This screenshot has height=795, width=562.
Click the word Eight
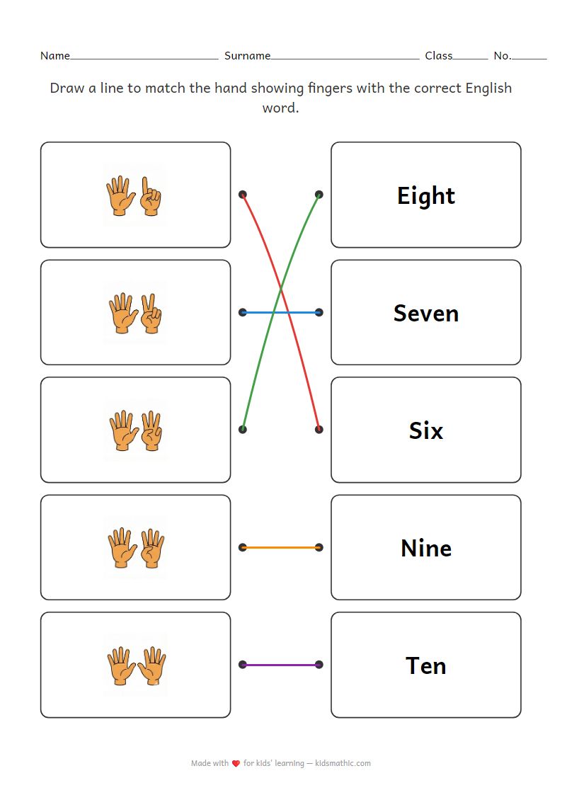(425, 195)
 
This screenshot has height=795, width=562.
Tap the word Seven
(425, 313)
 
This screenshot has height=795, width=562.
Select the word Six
(425, 430)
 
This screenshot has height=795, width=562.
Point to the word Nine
(425, 548)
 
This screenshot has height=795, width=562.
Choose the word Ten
(425, 665)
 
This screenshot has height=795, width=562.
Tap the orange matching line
(281, 547)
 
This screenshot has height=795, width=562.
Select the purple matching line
(281, 665)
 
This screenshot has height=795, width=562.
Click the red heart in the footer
(236, 764)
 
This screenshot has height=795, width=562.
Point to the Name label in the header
(55, 55)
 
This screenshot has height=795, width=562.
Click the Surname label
(247, 55)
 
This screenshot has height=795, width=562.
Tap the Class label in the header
(438, 55)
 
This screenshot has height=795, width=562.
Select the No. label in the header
(502, 55)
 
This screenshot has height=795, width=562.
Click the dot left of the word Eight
(319, 194)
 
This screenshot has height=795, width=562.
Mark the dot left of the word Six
(319, 429)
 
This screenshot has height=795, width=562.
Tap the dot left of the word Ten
(319, 665)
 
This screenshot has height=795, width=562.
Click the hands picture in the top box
(134, 195)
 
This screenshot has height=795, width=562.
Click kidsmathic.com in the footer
(343, 764)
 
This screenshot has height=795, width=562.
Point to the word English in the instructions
(488, 88)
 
